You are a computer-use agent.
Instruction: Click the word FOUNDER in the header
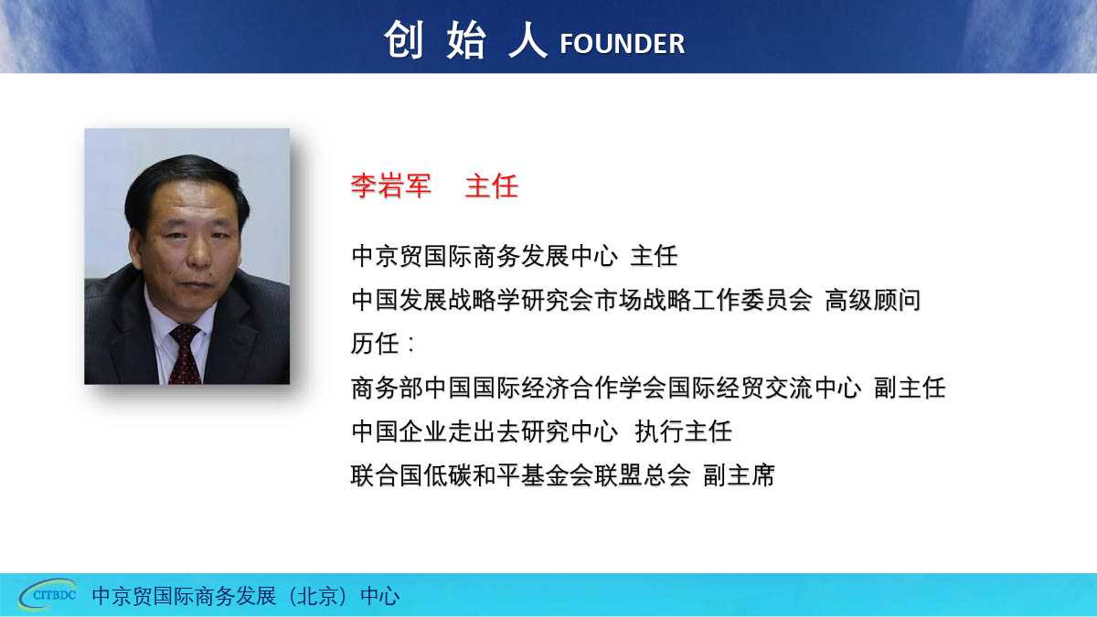pos(622,44)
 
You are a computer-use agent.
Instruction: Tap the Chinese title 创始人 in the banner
pos(465,40)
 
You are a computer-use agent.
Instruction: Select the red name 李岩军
pos(391,186)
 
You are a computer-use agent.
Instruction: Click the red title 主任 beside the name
pos(491,186)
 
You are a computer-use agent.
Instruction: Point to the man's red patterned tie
pos(185,355)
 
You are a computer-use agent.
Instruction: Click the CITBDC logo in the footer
pos(48,594)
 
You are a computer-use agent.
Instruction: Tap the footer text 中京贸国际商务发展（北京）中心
pos(245,596)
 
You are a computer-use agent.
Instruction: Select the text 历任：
pos(383,344)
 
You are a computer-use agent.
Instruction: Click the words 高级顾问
pos(873,300)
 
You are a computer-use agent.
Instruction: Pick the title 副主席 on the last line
pos(739,475)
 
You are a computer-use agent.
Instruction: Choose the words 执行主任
pos(683,431)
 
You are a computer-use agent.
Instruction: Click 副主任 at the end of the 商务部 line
pos(910,388)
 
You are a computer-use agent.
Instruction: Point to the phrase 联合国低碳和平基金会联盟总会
pos(520,475)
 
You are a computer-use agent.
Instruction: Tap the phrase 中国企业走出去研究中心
pos(485,431)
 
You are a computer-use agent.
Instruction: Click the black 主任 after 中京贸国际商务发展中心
pos(654,256)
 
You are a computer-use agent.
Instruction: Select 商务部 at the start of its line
pos(387,388)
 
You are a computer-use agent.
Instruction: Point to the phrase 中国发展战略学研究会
pos(471,300)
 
